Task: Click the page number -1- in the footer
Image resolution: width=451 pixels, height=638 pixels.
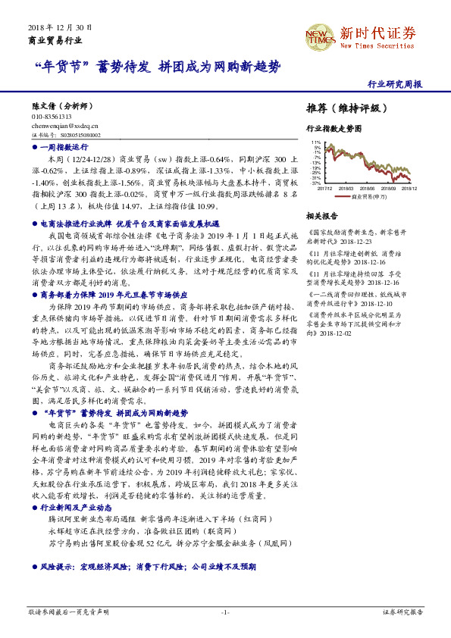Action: pos(225,611)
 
